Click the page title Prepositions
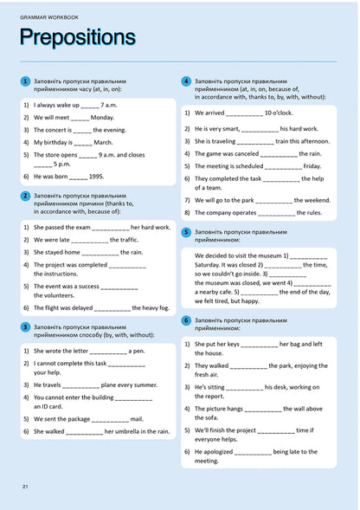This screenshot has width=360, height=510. pyautogui.click(x=77, y=37)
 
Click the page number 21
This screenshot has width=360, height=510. pyautogui.click(x=25, y=487)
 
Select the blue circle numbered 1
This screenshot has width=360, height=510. pyautogui.click(x=25, y=81)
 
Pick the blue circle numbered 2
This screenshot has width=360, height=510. pyautogui.click(x=25, y=197)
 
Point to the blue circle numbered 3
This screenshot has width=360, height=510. pyautogui.click(x=25, y=326)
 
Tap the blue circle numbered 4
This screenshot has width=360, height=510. pyautogui.click(x=186, y=81)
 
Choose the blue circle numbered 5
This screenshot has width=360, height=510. pyautogui.click(x=186, y=233)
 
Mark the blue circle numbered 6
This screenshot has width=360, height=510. pyautogui.click(x=186, y=320)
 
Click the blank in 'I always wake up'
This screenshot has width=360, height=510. pyautogui.click(x=91, y=105)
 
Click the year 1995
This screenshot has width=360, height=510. pyautogui.click(x=96, y=176)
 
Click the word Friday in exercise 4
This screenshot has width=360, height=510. pyautogui.click(x=312, y=166)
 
